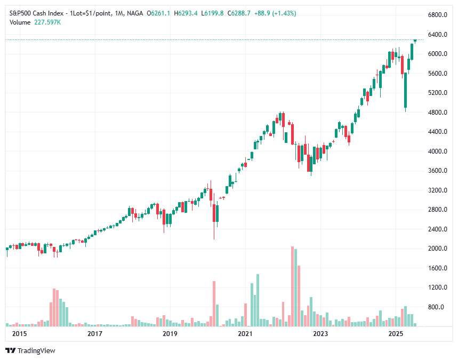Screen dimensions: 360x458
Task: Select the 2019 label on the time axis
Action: pos(170,334)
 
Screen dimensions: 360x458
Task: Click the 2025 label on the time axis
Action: pos(395,334)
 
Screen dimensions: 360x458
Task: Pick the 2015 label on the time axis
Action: pos(19,334)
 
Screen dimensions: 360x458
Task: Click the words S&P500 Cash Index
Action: pos(36,13)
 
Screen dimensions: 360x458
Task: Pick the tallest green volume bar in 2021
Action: pos(258,300)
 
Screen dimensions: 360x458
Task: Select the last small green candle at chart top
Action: pos(415,41)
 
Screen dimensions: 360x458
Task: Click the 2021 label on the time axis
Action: pos(245,334)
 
